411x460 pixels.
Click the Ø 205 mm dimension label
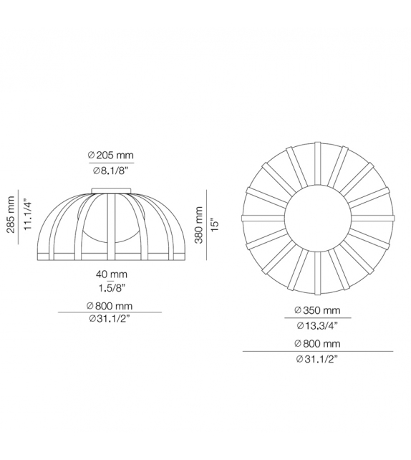pos(110,155)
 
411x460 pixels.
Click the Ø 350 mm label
pos(317,311)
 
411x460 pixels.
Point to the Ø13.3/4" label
pos(317,325)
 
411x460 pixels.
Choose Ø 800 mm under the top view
pos(317,344)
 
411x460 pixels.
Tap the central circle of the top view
pos(317,219)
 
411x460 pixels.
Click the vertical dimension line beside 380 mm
pos(206,224)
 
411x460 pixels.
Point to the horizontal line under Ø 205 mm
pos(110,164)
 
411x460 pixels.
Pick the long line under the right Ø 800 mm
pos(317,351)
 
